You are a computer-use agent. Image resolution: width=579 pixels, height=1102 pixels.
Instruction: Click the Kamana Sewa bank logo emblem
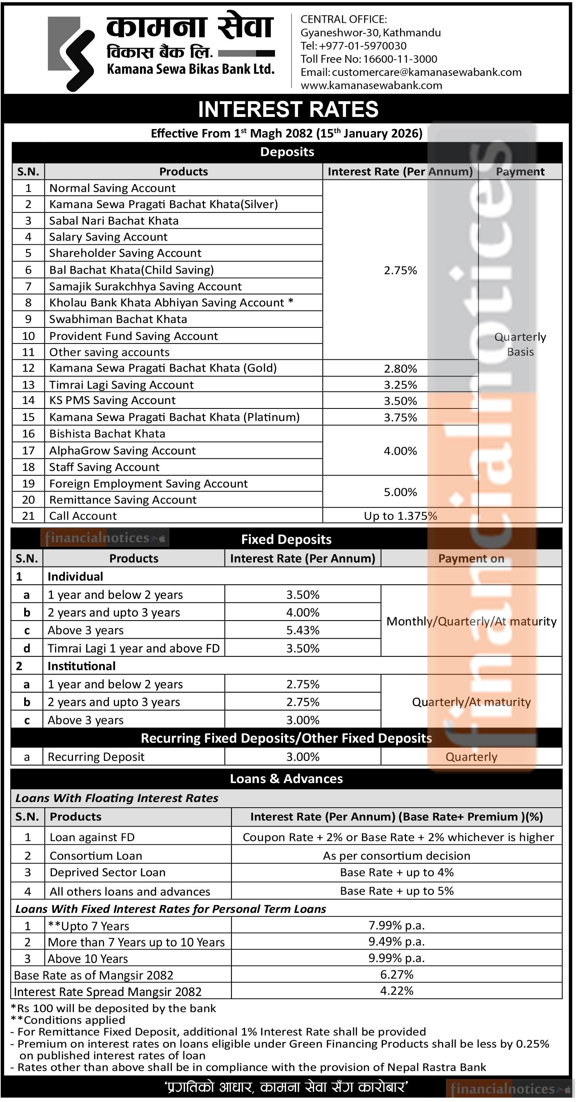(71, 54)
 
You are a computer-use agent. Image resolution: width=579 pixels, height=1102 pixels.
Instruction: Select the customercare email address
(426, 72)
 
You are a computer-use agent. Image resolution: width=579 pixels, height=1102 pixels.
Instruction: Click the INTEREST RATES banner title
(288, 109)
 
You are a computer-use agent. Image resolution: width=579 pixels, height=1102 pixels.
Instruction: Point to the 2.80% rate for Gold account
(400, 368)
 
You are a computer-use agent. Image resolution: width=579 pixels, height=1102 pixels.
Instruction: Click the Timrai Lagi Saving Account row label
(121, 385)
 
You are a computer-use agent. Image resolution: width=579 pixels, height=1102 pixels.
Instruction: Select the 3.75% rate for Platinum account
(400, 417)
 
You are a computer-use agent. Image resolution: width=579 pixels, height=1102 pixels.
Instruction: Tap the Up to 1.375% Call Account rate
(400, 516)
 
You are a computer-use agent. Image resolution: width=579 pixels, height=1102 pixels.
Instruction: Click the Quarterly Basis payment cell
(520, 344)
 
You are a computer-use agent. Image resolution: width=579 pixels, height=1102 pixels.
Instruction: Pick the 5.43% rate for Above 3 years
(302, 630)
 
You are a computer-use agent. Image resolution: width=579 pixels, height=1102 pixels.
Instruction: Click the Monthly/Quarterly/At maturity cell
(471, 621)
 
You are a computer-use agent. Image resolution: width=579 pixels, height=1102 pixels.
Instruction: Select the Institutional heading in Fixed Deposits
(81, 666)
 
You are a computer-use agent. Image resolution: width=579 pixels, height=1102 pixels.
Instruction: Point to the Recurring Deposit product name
(96, 757)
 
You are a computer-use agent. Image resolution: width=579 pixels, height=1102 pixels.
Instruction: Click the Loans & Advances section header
(286, 779)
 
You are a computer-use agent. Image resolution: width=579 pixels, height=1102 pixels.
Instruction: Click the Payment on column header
(471, 558)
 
